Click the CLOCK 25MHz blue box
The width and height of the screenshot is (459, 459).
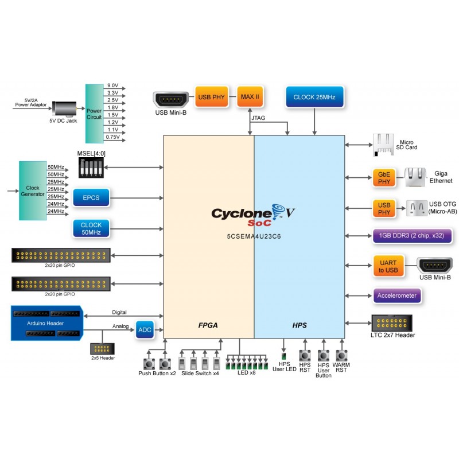(314, 97)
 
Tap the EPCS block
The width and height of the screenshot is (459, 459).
(91, 199)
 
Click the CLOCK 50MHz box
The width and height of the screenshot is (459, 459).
(91, 228)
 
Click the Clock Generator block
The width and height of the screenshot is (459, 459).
(33, 190)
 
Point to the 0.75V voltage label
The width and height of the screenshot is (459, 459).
(112, 137)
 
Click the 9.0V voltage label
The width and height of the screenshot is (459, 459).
(112, 85)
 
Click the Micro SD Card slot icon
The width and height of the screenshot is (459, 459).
(383, 144)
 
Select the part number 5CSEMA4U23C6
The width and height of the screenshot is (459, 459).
(254, 236)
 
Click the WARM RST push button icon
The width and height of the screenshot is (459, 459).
(342, 356)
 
